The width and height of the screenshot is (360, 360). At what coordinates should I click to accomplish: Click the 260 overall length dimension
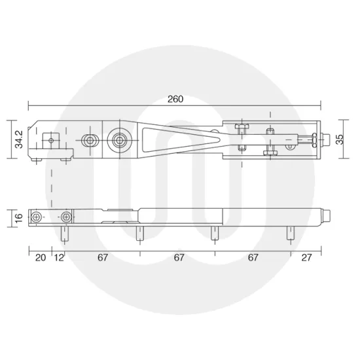pos(175,99)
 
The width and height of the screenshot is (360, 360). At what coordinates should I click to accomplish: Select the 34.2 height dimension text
pos(19,139)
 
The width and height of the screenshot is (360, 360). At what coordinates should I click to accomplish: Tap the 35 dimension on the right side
pos(340,139)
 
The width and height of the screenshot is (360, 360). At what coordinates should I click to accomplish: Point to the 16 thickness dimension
pos(19,217)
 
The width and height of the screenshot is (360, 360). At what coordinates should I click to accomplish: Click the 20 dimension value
pos(41,258)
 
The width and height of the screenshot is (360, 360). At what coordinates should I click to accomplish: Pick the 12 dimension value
pos(59,258)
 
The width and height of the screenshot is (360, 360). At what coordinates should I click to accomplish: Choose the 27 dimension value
pos(306,258)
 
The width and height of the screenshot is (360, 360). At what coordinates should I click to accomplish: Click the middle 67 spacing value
pos(179,258)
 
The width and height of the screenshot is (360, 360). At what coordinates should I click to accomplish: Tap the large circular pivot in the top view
pos(119,140)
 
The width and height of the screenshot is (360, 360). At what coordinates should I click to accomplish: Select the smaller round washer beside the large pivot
pos(90,140)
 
